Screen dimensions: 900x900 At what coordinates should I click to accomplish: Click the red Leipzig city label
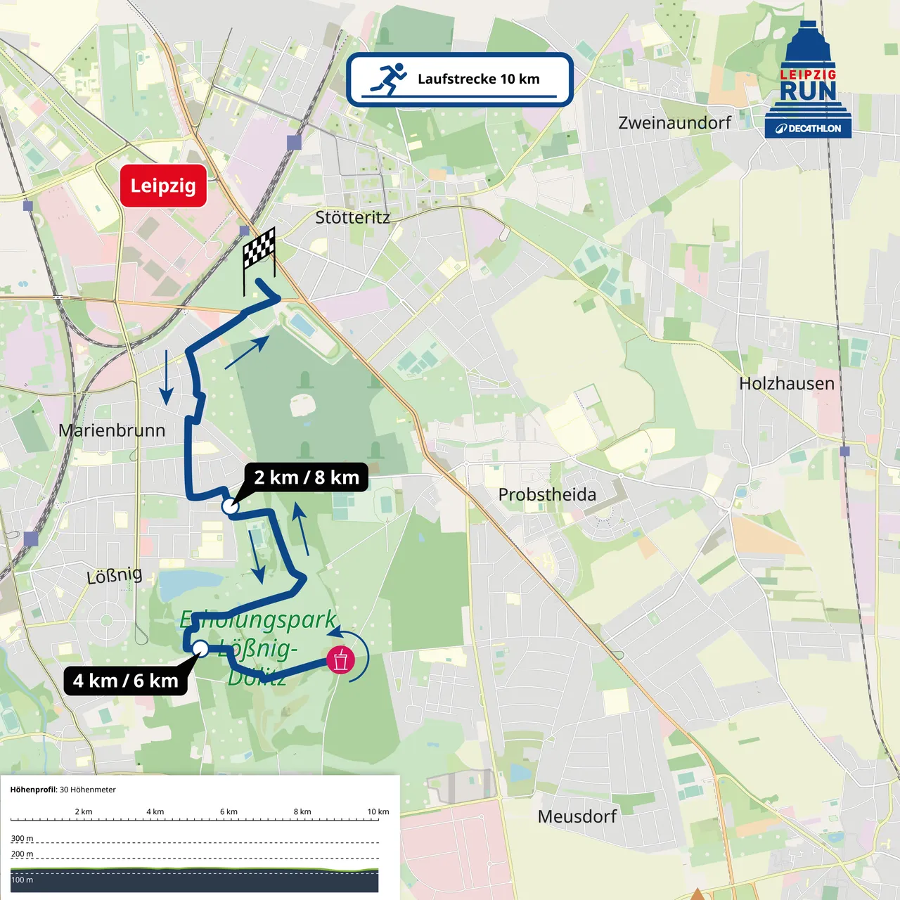point(163,186)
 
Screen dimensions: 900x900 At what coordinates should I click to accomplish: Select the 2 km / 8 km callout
point(307,477)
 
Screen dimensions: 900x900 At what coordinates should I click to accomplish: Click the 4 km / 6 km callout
point(126,681)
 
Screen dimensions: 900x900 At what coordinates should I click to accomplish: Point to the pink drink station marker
point(341,660)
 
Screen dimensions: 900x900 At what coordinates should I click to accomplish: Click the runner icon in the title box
point(390,79)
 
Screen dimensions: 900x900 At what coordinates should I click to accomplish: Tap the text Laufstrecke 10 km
point(478,79)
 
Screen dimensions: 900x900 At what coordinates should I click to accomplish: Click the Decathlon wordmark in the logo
point(809,129)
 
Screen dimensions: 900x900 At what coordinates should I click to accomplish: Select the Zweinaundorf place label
point(674,122)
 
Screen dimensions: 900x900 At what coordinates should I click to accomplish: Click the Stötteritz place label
point(352,217)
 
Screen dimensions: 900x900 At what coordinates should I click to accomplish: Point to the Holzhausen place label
point(787,383)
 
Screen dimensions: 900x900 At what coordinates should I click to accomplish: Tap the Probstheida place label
point(547,494)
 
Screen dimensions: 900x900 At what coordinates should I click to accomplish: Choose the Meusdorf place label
point(577,816)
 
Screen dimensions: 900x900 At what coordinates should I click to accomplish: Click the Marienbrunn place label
point(112,430)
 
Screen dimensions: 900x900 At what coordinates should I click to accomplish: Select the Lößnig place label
point(114,576)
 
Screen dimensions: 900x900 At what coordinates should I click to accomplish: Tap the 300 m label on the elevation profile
point(22,838)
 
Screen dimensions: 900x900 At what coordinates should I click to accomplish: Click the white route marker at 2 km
point(230,506)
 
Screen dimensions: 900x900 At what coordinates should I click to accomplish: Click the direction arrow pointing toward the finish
point(247,352)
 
